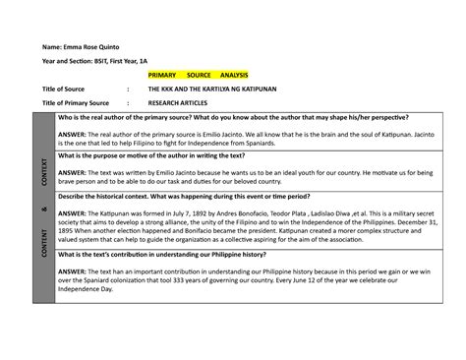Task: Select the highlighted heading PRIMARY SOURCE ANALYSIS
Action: tap(198, 75)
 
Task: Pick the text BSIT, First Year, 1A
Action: tap(131, 61)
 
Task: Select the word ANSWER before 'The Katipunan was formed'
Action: tap(75, 211)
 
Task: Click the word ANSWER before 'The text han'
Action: tap(75, 271)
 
